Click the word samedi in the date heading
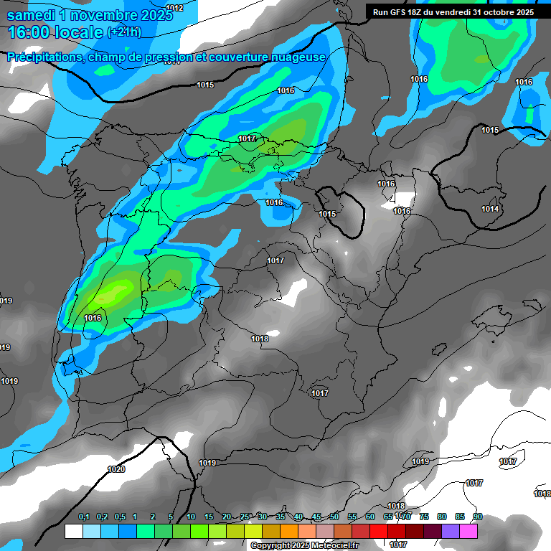[x=32, y=14]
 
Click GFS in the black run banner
[x=399, y=12]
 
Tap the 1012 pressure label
[x=174, y=8]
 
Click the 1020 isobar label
[x=116, y=469]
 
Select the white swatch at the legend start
[x=73, y=531]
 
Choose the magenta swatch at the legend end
[x=468, y=531]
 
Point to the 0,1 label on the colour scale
[x=83, y=517]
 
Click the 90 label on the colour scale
[x=478, y=517]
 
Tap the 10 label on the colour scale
[x=191, y=517]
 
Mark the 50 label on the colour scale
[x=334, y=517]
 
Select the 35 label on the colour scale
[x=281, y=517]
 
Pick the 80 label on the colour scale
[x=442, y=517]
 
